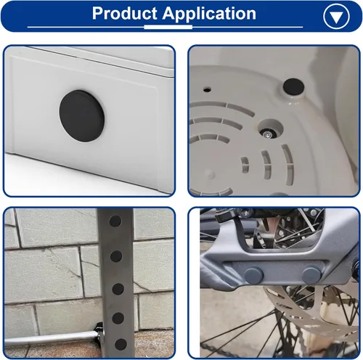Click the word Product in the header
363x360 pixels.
click(125, 13)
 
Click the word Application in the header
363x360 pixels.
click(209, 14)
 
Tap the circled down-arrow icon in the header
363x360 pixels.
click(336, 17)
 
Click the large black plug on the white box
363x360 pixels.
click(82, 116)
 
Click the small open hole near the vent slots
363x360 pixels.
click(207, 90)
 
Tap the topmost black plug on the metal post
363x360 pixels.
click(115, 221)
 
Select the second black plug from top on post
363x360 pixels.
click(116, 256)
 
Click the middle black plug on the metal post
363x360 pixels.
click(118, 289)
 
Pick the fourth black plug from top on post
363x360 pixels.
click(118, 318)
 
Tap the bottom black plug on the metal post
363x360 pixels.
click(121, 345)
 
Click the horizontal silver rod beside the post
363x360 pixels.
click(51, 338)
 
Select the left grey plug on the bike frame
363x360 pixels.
click(253, 275)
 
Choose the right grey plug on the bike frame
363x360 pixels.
click(311, 275)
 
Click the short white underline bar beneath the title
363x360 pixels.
click(168, 27)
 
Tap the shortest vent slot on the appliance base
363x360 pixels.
click(245, 165)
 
